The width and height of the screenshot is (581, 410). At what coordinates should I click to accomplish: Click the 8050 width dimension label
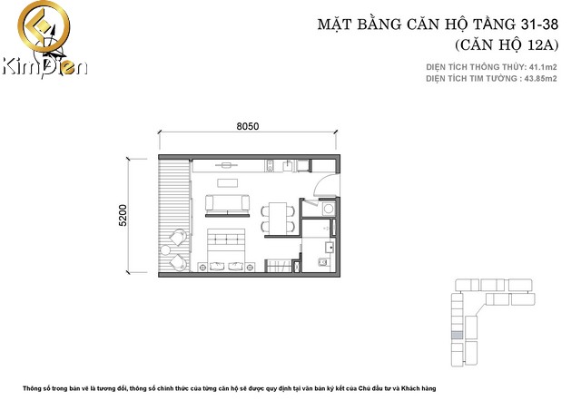tap(248, 126)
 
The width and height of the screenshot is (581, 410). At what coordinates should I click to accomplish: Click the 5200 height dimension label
tap(123, 215)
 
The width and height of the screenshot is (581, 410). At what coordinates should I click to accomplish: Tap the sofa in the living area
tap(227, 204)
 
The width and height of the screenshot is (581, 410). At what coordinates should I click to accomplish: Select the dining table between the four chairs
tap(278, 217)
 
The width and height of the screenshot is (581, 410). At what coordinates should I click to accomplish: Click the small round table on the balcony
tap(165, 250)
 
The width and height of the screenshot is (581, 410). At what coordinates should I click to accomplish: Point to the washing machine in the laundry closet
tap(328, 209)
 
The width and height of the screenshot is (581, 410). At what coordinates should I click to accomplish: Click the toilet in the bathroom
tap(323, 262)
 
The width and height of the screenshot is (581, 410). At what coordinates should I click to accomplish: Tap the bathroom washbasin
tap(330, 247)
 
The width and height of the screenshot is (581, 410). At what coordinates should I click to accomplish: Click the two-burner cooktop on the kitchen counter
tap(270, 166)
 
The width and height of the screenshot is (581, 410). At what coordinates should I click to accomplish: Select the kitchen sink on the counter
tap(288, 166)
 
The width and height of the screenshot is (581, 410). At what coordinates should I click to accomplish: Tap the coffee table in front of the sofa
tap(228, 183)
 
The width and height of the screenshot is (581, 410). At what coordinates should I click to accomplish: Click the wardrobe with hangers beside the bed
tap(279, 266)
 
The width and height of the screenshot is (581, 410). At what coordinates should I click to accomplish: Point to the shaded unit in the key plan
tap(458, 336)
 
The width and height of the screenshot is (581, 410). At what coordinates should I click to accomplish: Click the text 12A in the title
tap(538, 44)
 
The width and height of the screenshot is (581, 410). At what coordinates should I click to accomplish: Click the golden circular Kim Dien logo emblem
tap(44, 26)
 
